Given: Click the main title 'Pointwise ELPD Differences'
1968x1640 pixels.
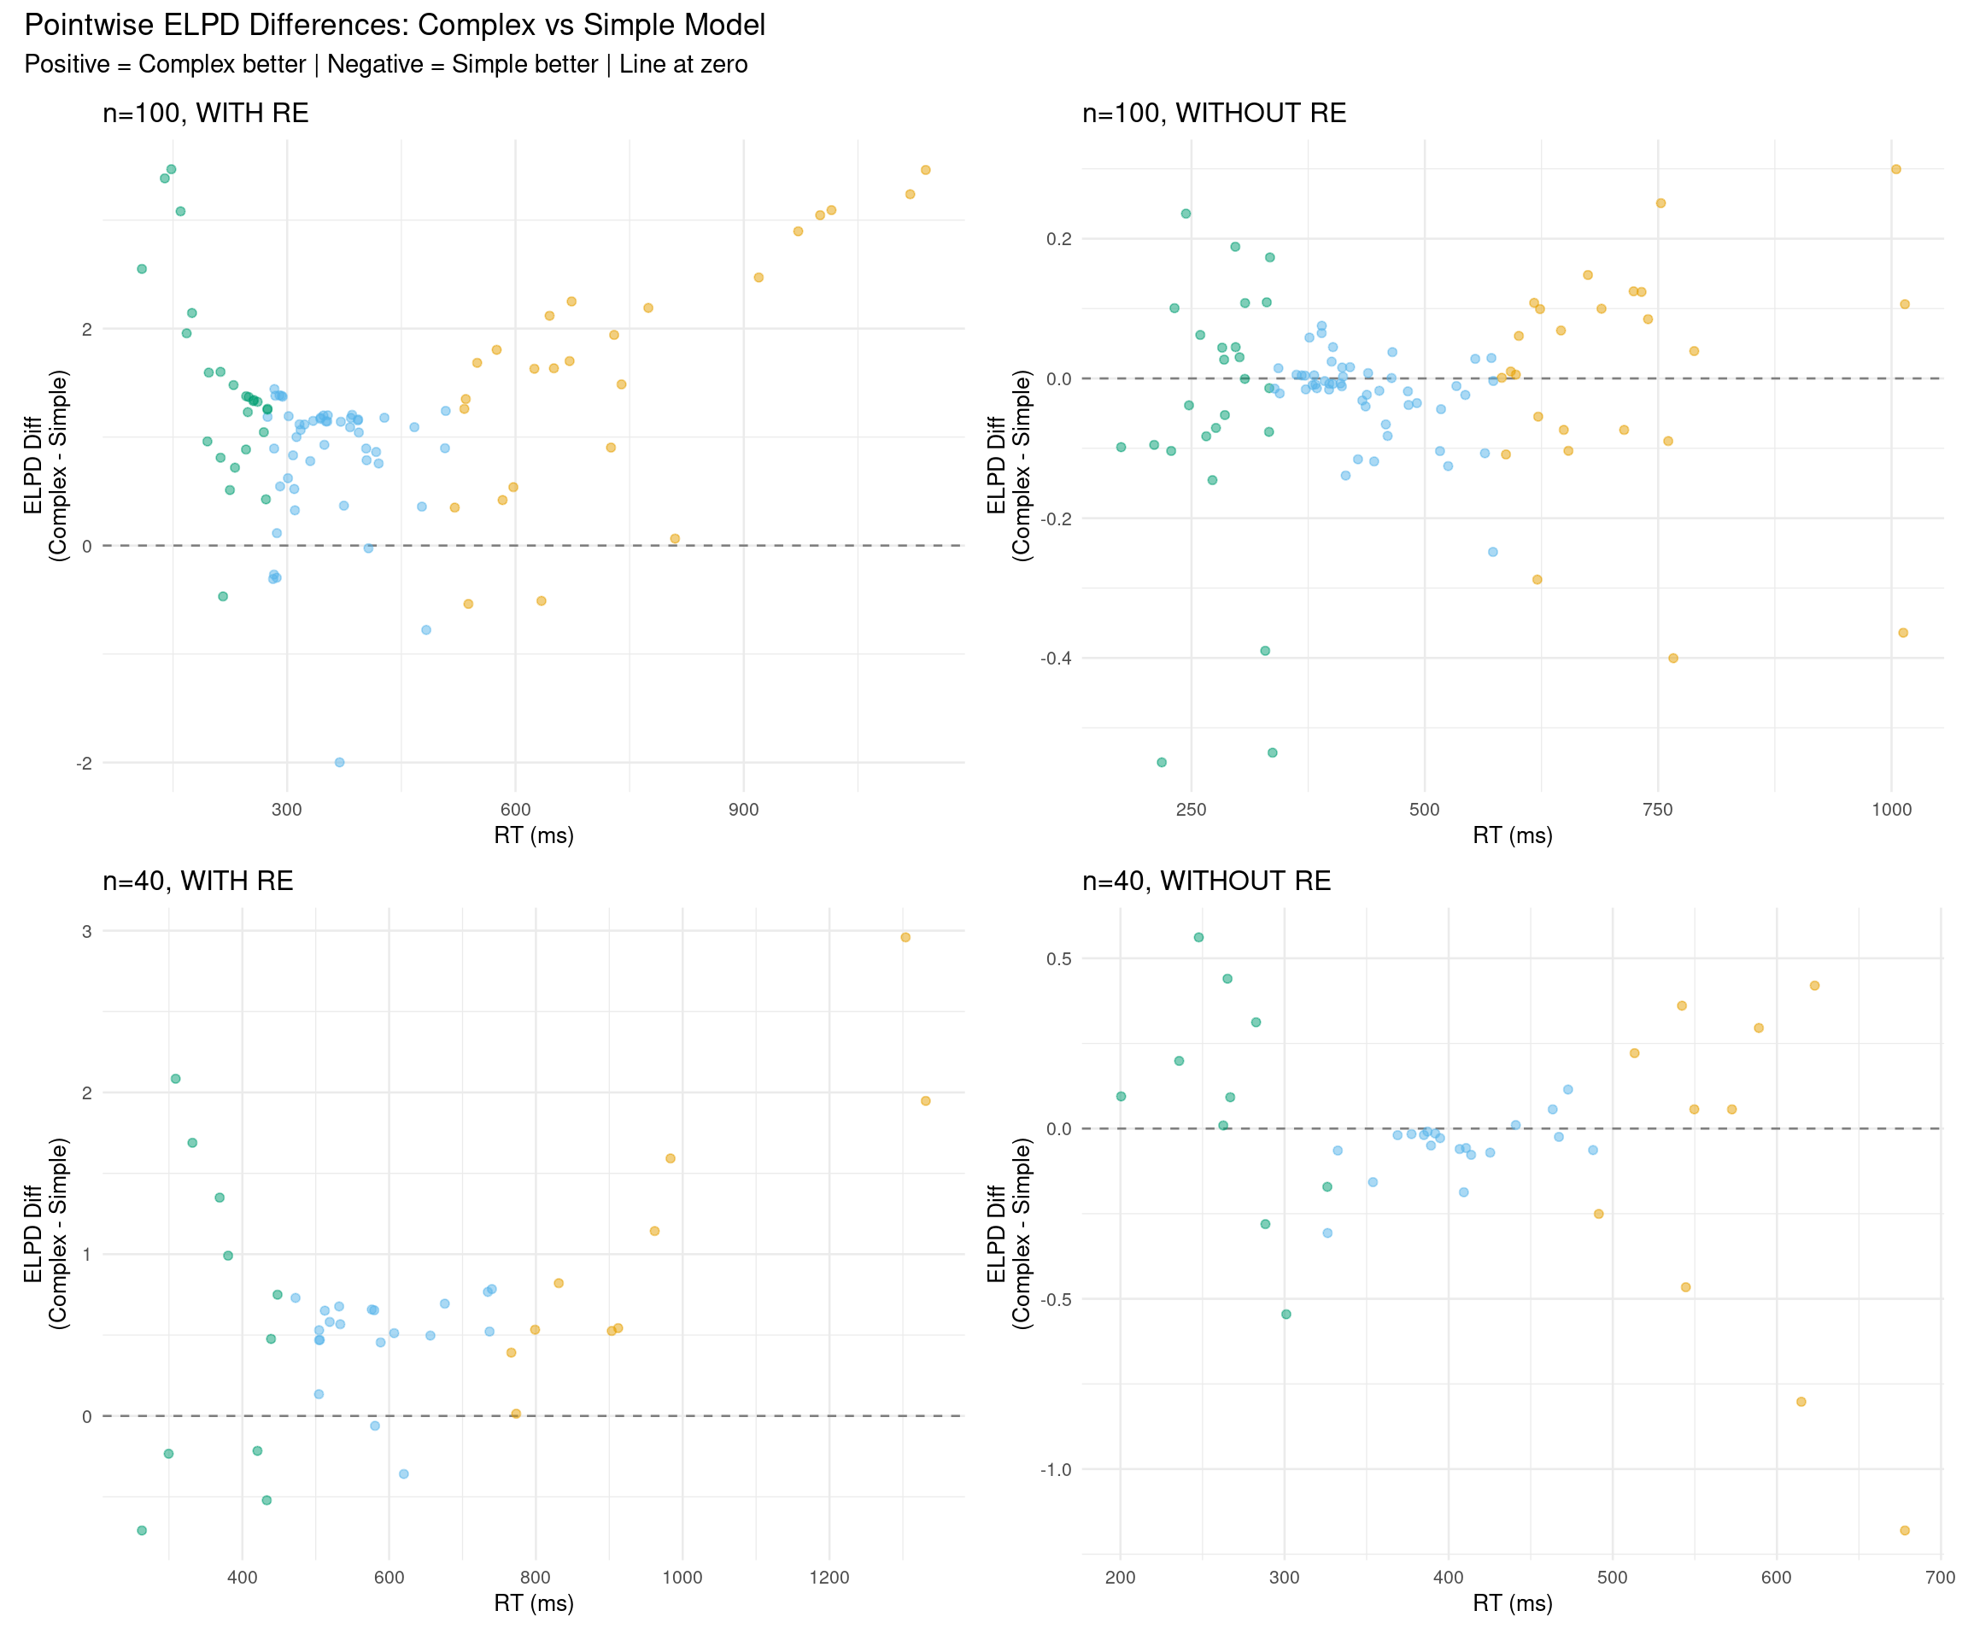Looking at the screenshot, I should click(x=395, y=26).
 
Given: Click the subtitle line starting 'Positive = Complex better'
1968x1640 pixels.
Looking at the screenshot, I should click(x=385, y=65).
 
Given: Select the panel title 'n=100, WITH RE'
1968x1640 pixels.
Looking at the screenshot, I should click(x=205, y=114).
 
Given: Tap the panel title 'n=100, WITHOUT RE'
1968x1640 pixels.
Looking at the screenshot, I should click(x=1214, y=114).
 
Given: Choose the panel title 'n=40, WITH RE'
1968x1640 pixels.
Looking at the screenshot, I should click(x=197, y=881).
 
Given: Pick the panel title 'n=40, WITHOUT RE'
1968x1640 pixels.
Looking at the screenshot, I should click(x=1206, y=881).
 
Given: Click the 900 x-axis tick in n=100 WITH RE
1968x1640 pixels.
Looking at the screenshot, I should click(x=743, y=810).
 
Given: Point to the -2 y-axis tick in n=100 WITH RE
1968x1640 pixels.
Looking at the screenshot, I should click(x=85, y=763).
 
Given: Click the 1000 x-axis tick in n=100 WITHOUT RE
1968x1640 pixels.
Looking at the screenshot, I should click(x=1890, y=810).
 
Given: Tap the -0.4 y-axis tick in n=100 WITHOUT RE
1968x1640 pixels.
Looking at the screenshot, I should click(x=1055, y=658).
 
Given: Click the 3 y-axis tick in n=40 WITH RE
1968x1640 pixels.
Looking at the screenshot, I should click(x=87, y=932).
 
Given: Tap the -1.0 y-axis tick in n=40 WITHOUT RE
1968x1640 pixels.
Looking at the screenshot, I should click(x=1055, y=1469).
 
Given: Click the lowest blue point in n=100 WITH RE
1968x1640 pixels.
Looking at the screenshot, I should click(x=339, y=762).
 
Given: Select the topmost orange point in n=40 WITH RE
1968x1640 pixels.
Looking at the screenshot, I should click(x=905, y=937).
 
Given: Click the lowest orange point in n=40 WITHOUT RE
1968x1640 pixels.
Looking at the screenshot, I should click(x=1904, y=1531).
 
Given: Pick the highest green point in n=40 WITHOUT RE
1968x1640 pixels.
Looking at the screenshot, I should click(x=1198, y=937).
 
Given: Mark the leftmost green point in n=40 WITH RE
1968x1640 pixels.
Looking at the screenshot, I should click(x=142, y=1531).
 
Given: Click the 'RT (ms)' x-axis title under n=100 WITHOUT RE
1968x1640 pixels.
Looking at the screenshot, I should click(x=1512, y=835).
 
